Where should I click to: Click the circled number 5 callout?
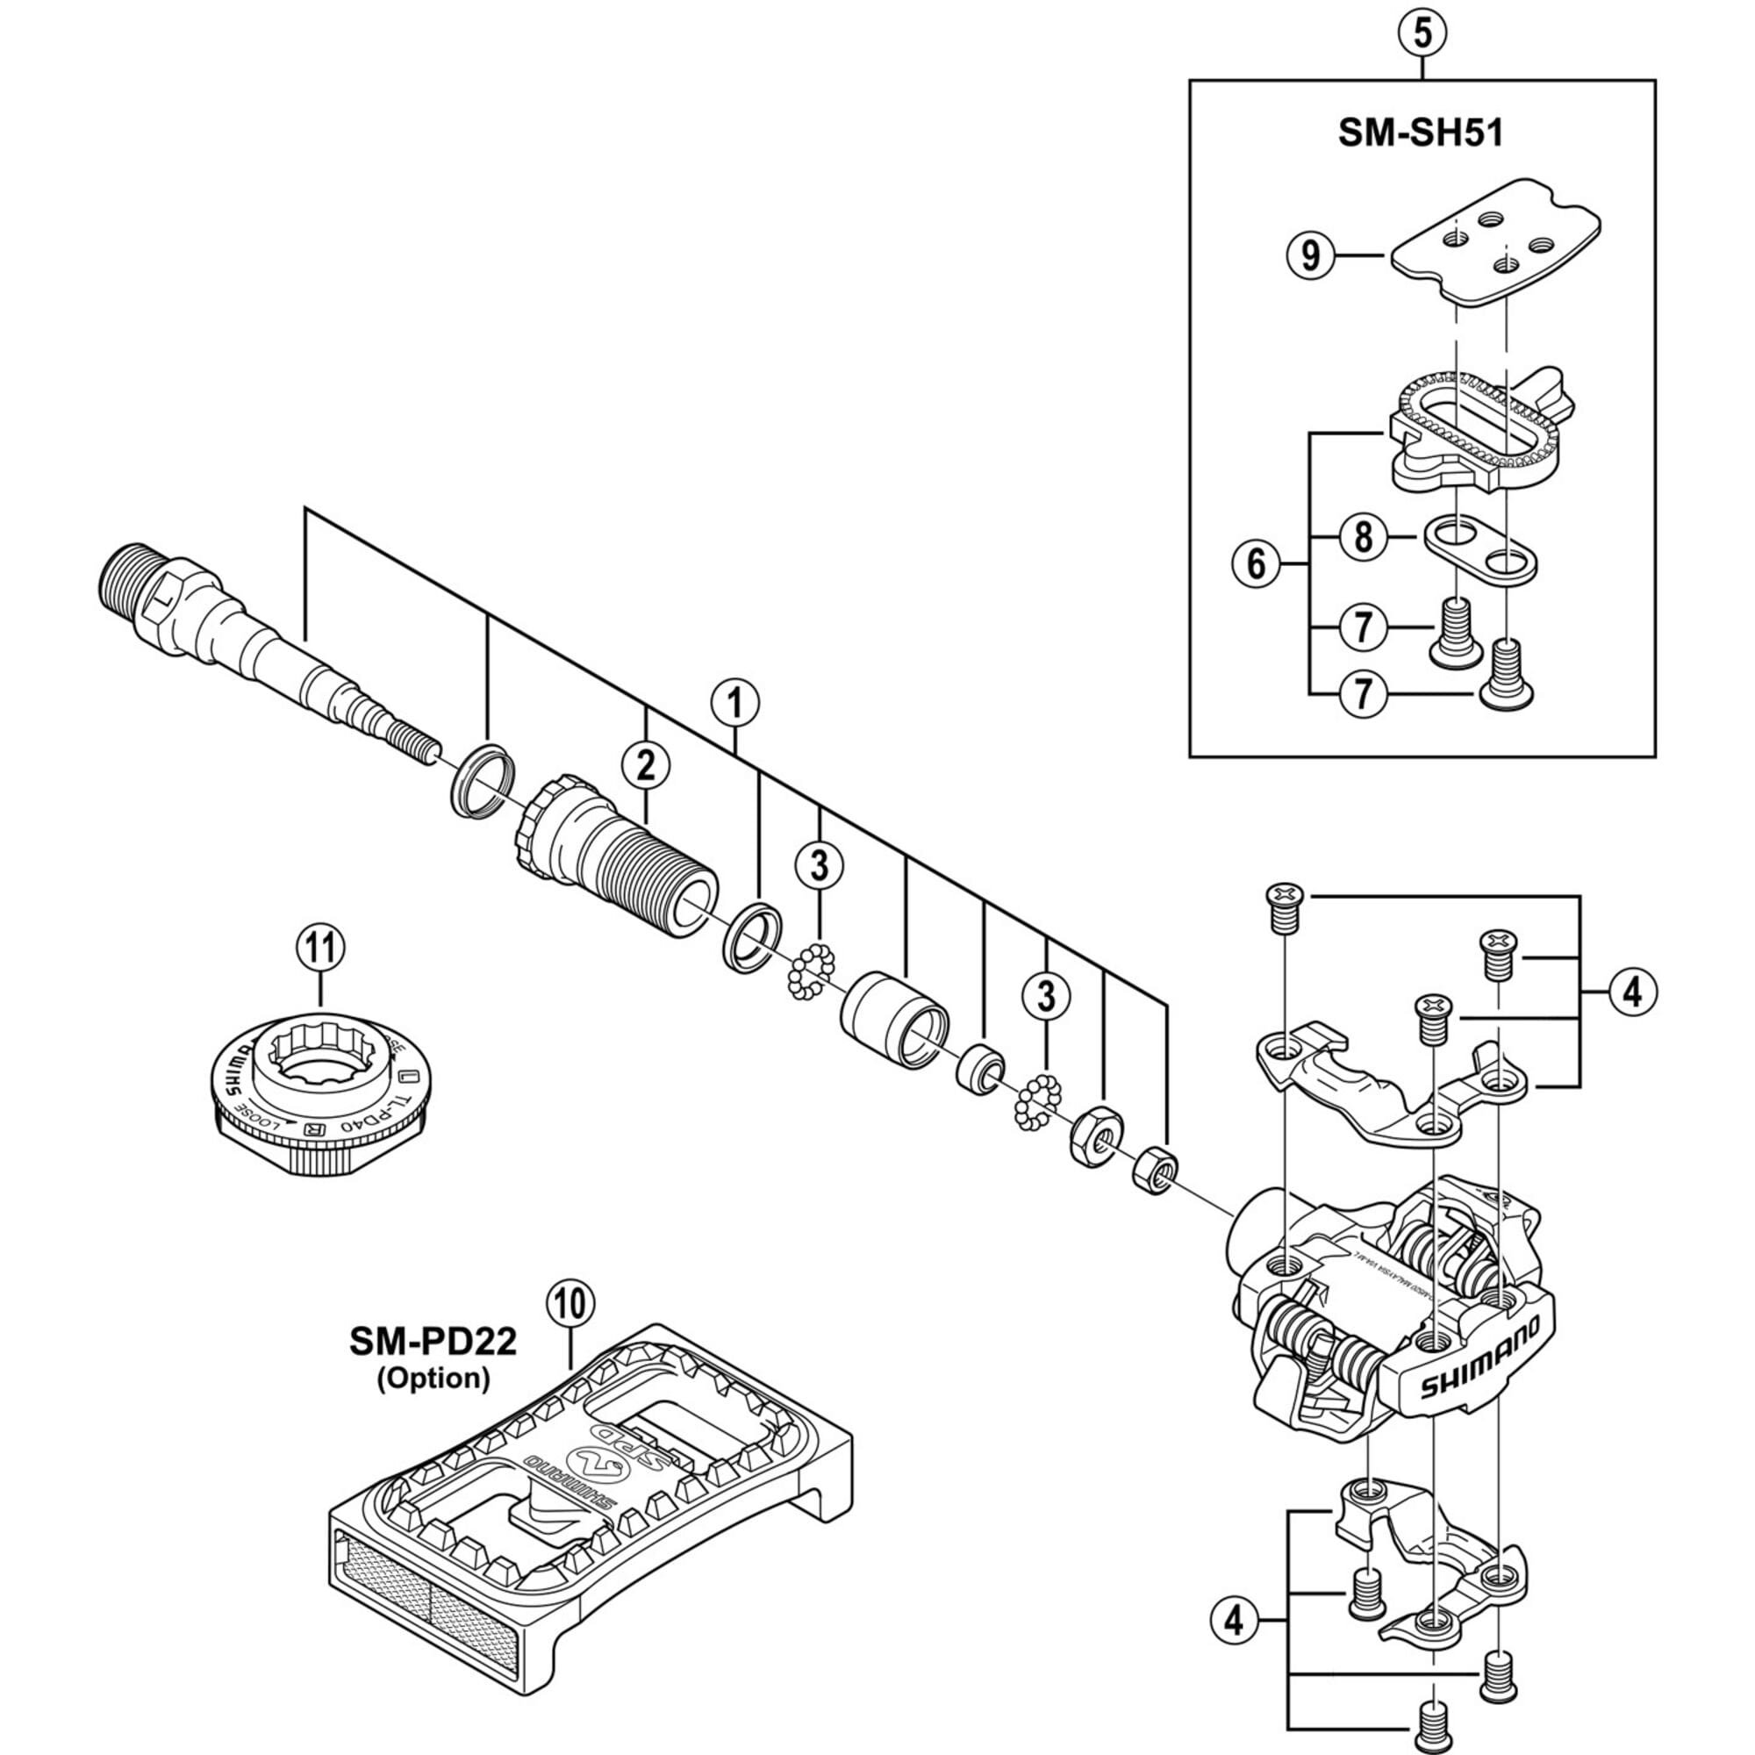(x=1422, y=33)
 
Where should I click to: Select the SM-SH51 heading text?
(x=1422, y=133)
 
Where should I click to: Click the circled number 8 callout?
(x=1363, y=538)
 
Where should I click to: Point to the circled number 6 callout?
(x=1256, y=564)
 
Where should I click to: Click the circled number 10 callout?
(x=569, y=1305)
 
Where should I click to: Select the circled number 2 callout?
(x=645, y=766)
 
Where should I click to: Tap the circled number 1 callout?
(x=736, y=703)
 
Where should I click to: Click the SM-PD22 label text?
(x=433, y=1341)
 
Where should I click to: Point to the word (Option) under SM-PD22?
(x=433, y=1378)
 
